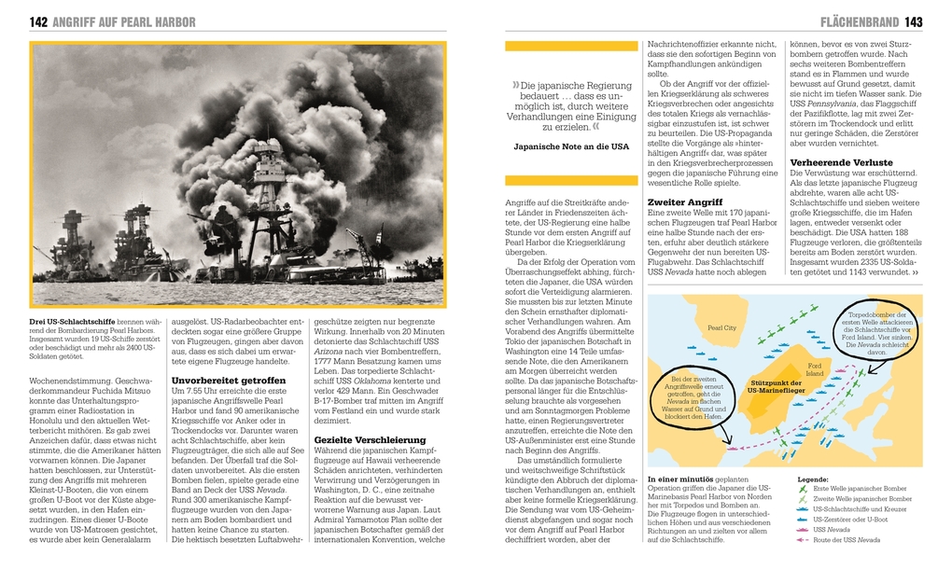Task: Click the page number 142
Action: [39, 21]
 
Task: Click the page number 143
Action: [914, 21]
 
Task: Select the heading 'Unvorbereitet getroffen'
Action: [229, 381]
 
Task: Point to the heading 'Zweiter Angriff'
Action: [685, 201]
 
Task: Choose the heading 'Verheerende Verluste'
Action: [841, 162]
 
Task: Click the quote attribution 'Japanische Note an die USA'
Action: [571, 147]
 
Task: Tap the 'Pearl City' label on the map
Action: [721, 328]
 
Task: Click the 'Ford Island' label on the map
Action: [814, 368]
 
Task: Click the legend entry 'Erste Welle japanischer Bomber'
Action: [859, 489]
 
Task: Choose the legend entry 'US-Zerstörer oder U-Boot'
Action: [853, 520]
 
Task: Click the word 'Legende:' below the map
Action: [813, 479]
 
